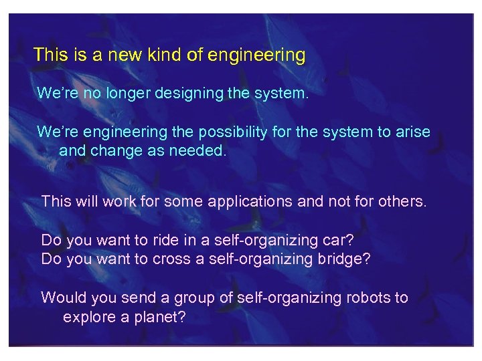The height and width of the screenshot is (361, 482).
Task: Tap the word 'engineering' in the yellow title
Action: [x=256, y=55]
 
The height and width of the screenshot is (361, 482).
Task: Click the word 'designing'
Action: [x=189, y=94]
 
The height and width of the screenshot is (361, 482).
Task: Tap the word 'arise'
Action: [x=412, y=132]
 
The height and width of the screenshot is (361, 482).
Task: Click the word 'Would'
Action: [x=61, y=297]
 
